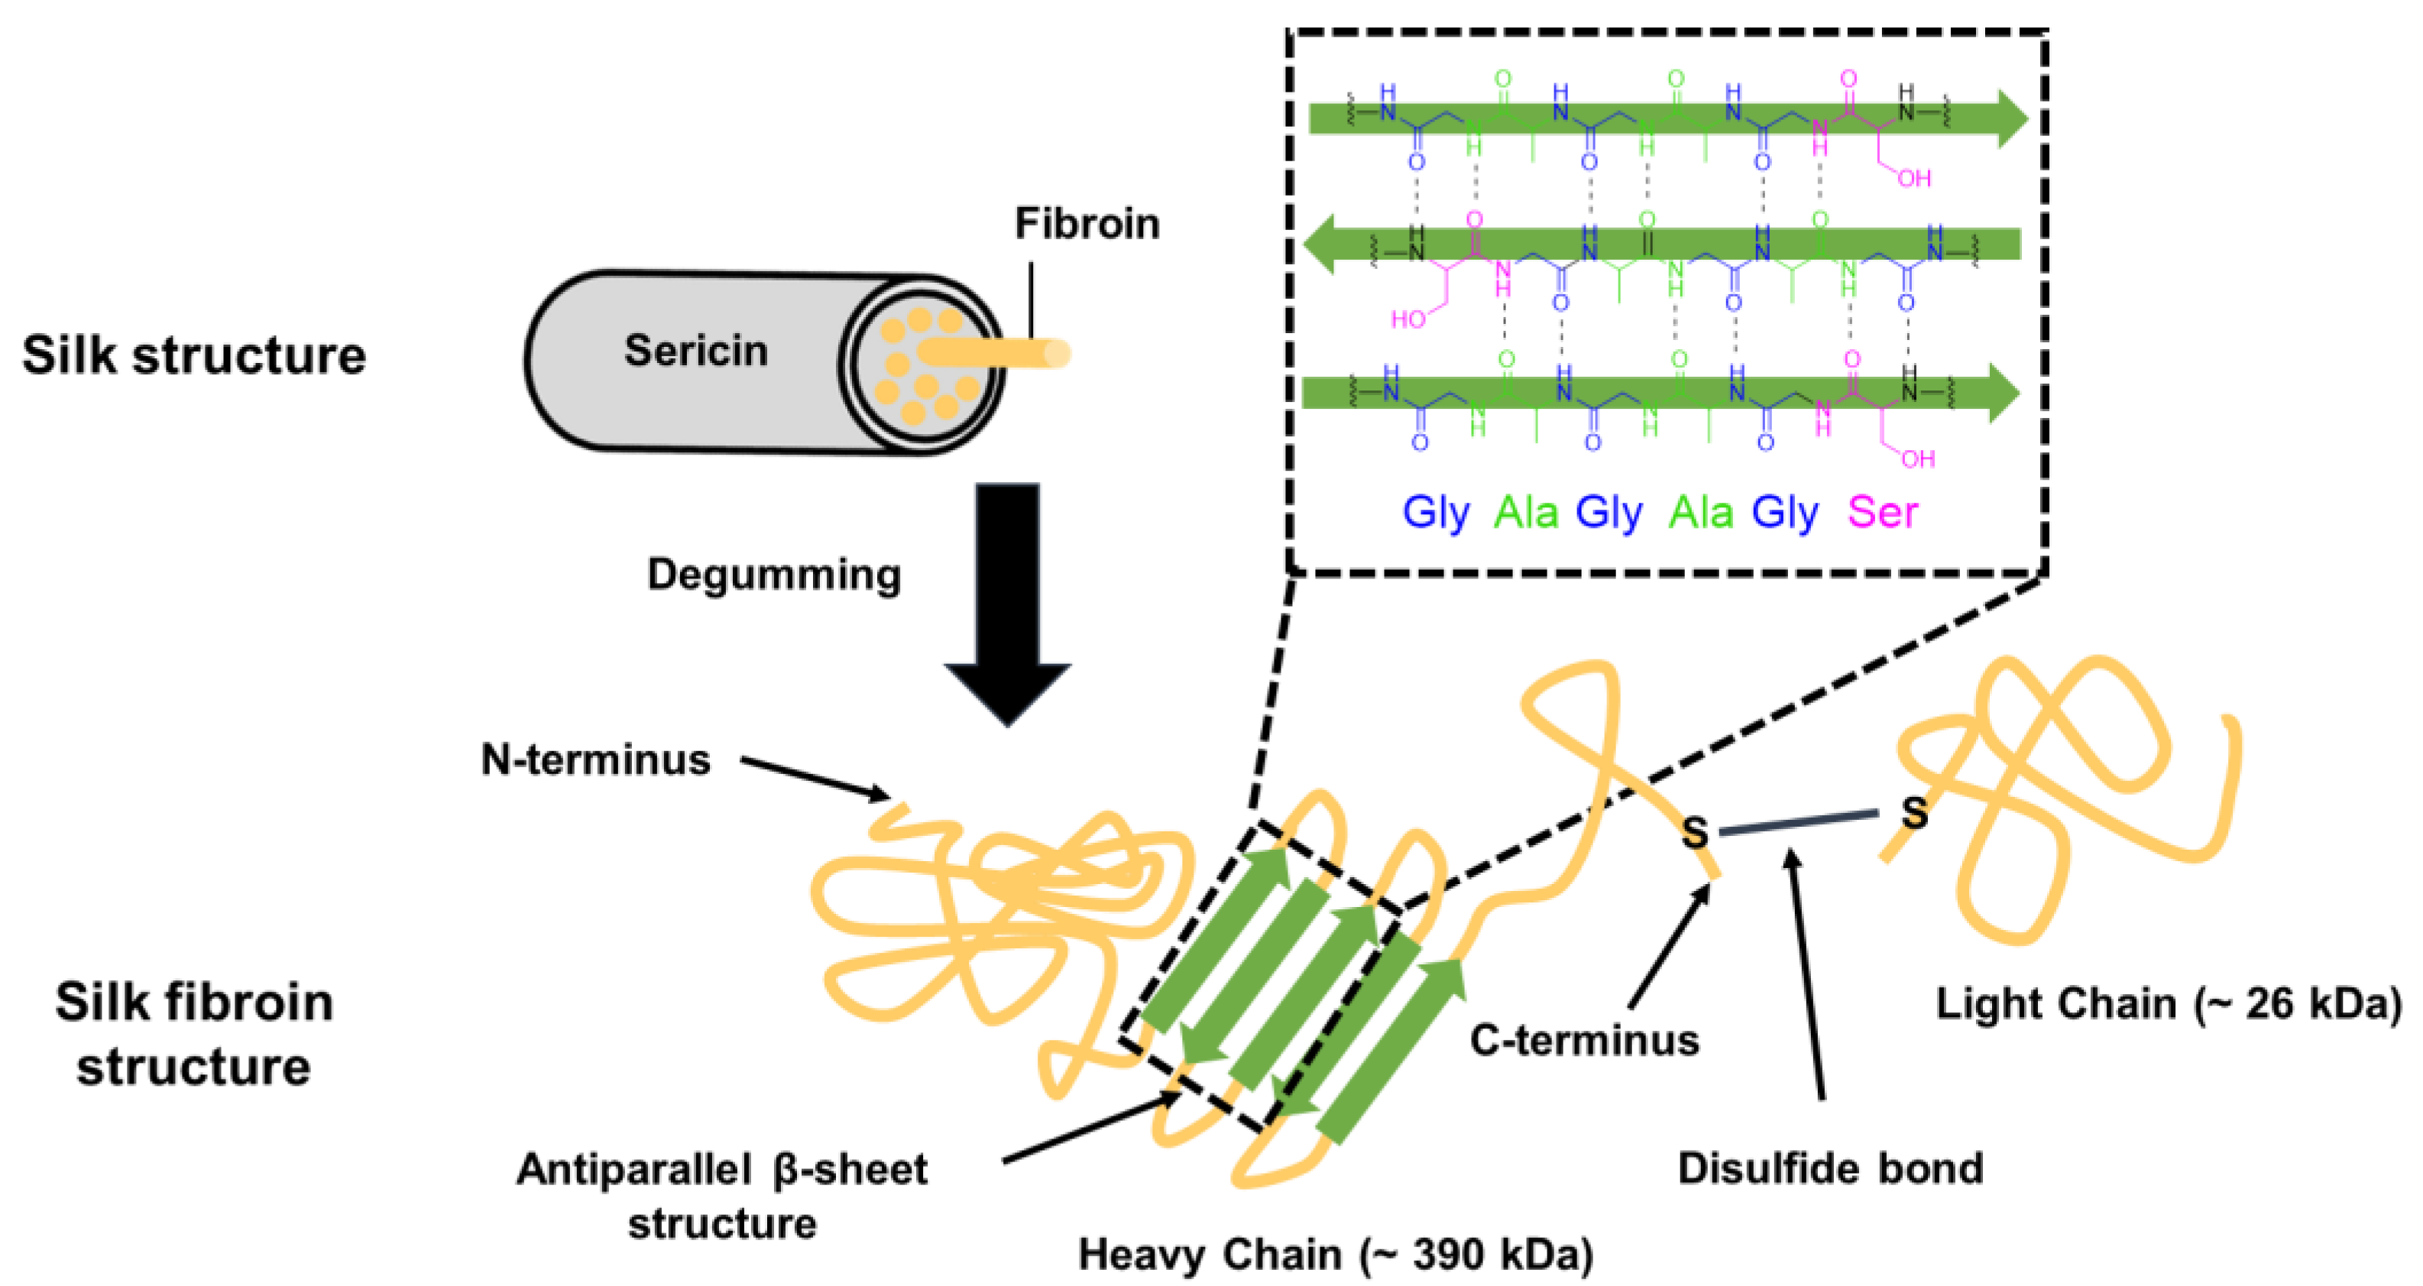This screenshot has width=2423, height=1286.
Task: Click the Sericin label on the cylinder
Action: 696,351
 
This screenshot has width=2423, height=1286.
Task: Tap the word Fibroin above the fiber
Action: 1087,224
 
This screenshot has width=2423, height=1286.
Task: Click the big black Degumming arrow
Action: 1007,602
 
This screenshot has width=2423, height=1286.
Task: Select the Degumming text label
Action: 773,574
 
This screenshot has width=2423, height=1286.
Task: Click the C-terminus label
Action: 1584,1041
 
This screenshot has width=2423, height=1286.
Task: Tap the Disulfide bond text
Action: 1830,1168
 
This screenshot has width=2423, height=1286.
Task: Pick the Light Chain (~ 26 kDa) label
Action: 2168,1004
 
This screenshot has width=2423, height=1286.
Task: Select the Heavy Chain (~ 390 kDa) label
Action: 1336,1254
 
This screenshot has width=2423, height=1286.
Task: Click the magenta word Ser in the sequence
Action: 1882,513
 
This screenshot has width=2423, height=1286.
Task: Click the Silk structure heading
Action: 194,355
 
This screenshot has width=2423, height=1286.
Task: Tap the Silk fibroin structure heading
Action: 194,1034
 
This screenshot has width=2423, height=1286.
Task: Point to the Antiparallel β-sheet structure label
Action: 721,1196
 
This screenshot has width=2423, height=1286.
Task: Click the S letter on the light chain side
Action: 1914,811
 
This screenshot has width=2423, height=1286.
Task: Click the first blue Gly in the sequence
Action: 1435,513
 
